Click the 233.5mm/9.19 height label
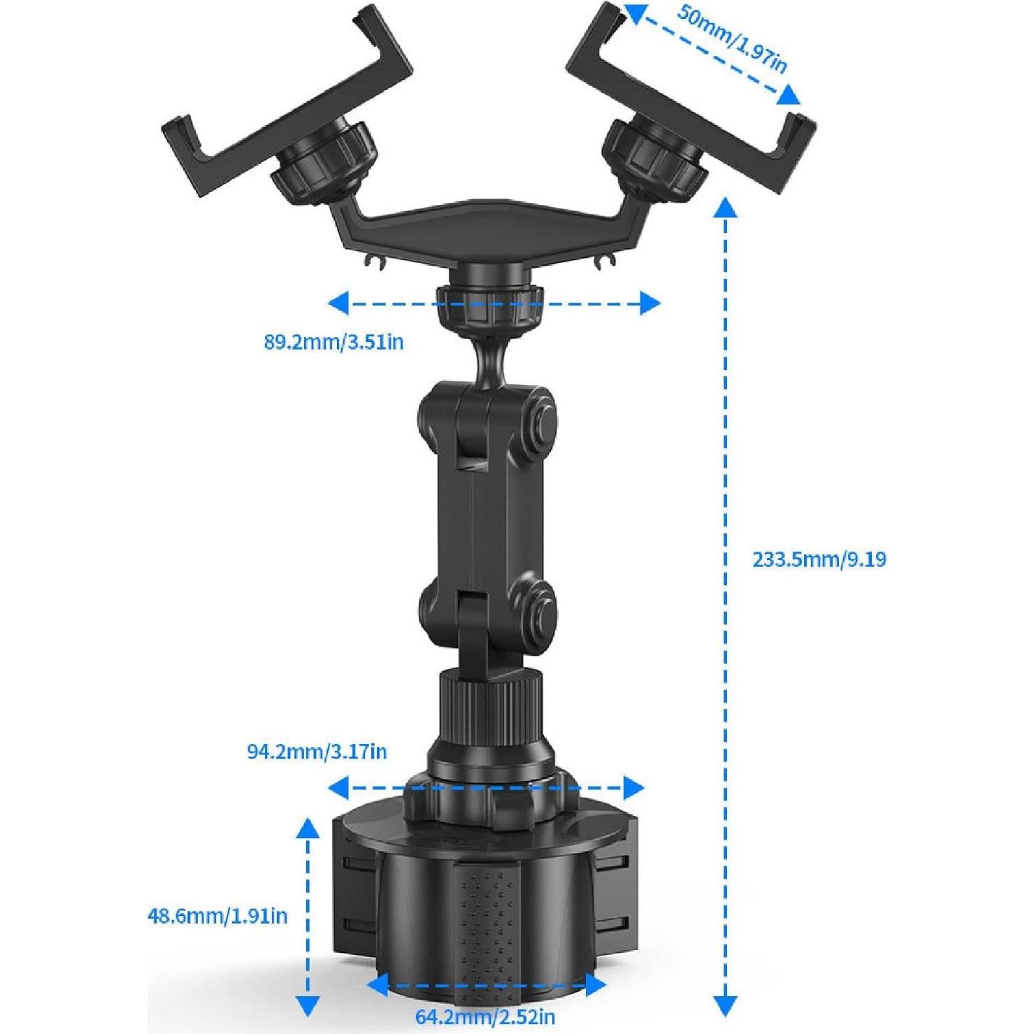coord(819,559)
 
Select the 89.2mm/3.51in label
coord(333,343)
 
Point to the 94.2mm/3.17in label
coord(317,752)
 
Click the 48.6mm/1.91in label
coord(217,915)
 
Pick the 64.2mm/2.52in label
coord(485,1017)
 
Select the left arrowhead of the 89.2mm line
coord(338,303)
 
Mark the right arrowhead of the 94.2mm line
coord(633,788)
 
